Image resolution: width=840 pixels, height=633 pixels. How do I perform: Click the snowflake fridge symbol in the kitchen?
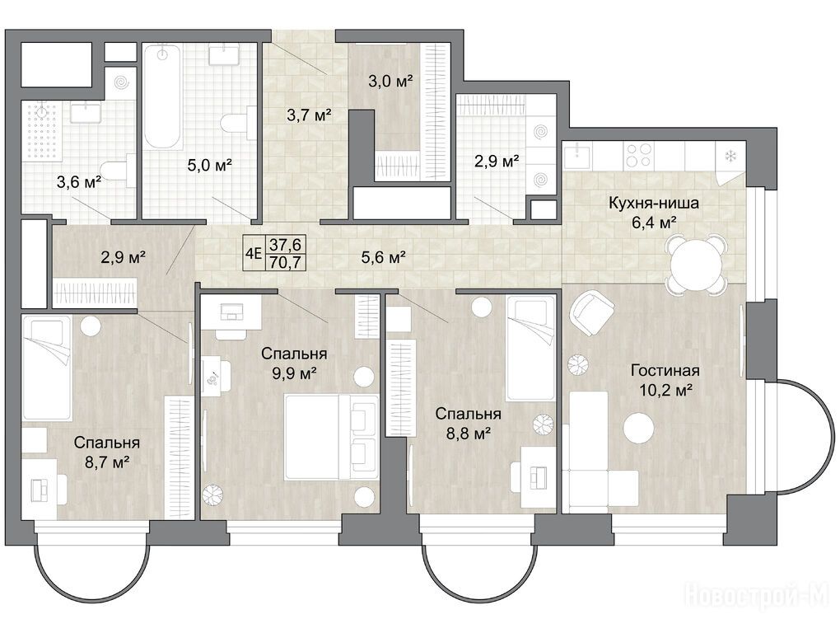click(730, 157)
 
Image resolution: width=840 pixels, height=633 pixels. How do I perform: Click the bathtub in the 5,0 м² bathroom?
click(163, 96)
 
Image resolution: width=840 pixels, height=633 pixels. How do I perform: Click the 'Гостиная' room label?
click(665, 370)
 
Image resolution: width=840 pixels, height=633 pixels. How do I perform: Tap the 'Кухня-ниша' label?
click(653, 203)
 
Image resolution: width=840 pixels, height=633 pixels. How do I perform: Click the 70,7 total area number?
click(286, 262)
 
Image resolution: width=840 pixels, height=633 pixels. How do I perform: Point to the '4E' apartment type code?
click(253, 253)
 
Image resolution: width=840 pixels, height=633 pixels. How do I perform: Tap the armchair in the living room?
click(592, 312)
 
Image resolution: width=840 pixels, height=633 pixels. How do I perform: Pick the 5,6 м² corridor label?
click(383, 257)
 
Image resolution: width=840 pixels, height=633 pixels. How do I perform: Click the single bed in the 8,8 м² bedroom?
click(530, 349)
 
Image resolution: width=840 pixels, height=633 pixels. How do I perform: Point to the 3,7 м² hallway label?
click(309, 115)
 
